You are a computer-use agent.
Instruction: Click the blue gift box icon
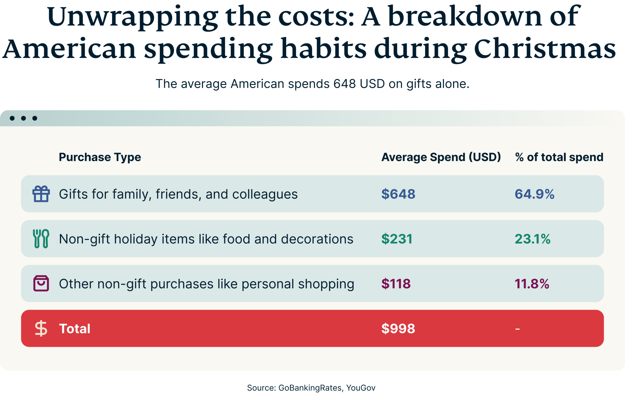click(41, 194)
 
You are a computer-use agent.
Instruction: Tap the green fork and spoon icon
click(41, 239)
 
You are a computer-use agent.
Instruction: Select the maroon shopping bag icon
click(41, 283)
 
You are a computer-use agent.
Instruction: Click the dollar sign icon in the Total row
click(41, 328)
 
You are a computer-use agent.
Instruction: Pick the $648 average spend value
click(398, 194)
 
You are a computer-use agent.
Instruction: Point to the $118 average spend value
click(396, 284)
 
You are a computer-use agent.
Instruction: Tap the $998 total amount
click(398, 328)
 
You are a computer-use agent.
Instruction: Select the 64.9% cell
click(534, 194)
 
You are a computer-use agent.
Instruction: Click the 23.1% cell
click(532, 239)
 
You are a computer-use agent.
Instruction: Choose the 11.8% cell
click(532, 284)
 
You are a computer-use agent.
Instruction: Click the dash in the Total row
click(518, 329)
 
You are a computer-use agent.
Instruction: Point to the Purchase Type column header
click(100, 157)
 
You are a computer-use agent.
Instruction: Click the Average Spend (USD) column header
click(441, 157)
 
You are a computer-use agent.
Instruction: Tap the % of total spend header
click(559, 157)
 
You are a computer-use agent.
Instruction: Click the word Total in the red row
click(75, 328)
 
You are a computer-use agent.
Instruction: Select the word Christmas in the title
click(545, 49)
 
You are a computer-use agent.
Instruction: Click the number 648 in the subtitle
click(344, 84)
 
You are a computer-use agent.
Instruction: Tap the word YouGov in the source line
click(361, 388)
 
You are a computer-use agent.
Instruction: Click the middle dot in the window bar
click(23, 118)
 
